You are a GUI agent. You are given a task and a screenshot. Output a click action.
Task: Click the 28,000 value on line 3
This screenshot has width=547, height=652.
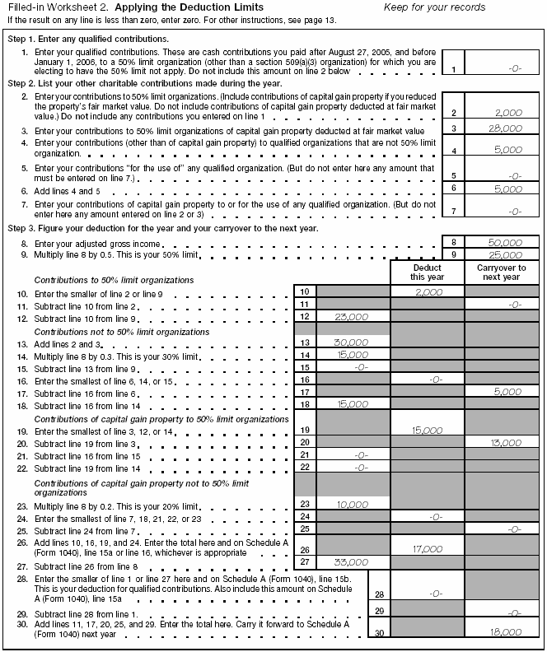(x=503, y=128)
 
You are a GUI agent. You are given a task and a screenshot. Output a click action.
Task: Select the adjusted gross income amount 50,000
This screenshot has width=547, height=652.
(x=504, y=243)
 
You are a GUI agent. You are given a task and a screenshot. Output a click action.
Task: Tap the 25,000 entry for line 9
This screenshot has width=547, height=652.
(x=504, y=255)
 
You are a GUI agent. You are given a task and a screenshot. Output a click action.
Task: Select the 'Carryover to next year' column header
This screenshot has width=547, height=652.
(x=501, y=273)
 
